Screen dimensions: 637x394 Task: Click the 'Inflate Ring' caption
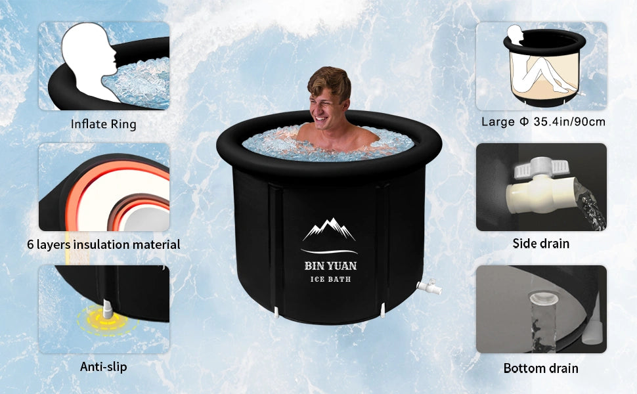(x=103, y=123)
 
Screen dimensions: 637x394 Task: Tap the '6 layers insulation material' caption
(x=104, y=244)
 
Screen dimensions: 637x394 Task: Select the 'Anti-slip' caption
(x=104, y=366)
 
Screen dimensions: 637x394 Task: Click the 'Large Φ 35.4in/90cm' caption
(x=543, y=121)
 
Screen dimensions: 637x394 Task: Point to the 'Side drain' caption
(x=540, y=244)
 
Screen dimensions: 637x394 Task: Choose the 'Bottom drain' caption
(x=540, y=368)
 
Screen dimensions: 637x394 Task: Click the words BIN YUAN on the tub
(x=331, y=266)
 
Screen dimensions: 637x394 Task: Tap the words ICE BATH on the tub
(x=330, y=279)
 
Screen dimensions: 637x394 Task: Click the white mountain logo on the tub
(x=329, y=229)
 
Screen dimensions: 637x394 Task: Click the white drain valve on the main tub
(x=429, y=286)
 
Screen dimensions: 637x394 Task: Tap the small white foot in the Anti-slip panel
(x=107, y=309)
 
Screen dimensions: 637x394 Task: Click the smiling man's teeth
(x=320, y=120)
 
